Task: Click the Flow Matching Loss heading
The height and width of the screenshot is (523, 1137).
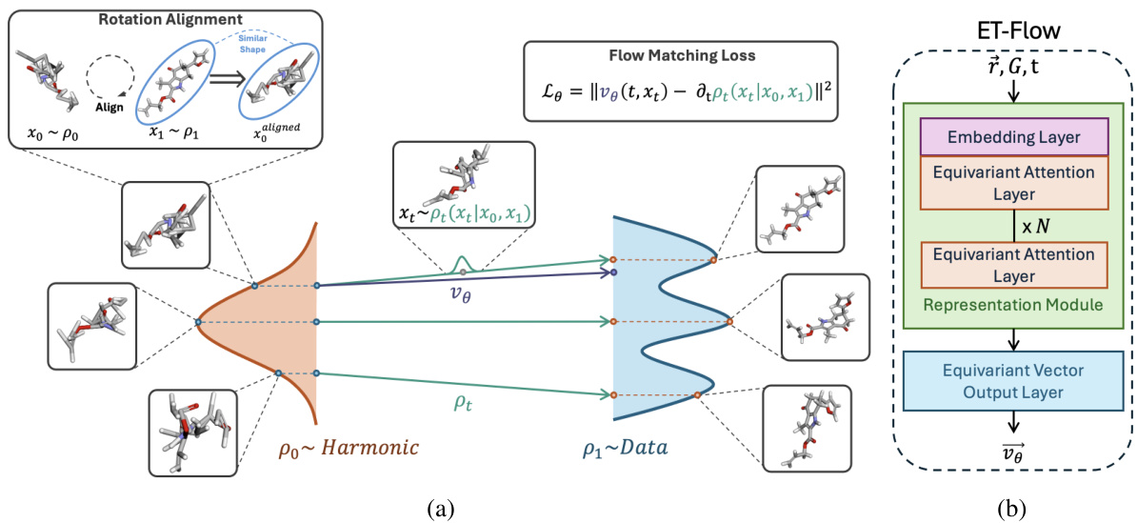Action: click(x=680, y=55)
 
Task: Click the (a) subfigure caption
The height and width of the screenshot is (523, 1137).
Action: click(x=438, y=509)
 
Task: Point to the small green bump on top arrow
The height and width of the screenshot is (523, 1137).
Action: click(x=463, y=264)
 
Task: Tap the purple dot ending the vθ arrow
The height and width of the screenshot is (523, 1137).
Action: click(x=614, y=272)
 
